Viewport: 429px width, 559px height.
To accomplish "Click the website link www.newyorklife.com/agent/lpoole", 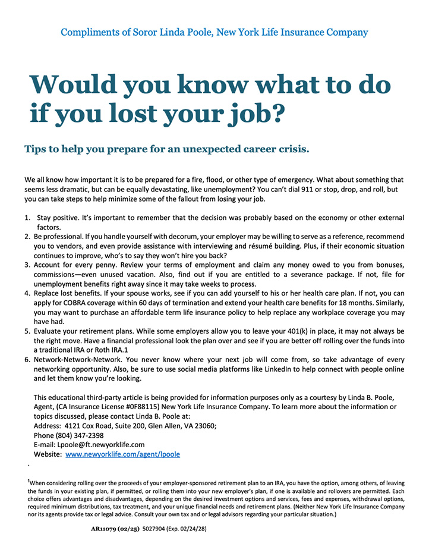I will coord(122,454).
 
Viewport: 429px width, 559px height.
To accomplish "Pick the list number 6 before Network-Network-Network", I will coord(27,360).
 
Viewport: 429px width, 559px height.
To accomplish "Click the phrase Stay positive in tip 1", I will coord(58,218).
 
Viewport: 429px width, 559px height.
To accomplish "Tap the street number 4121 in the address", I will coord(75,426).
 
